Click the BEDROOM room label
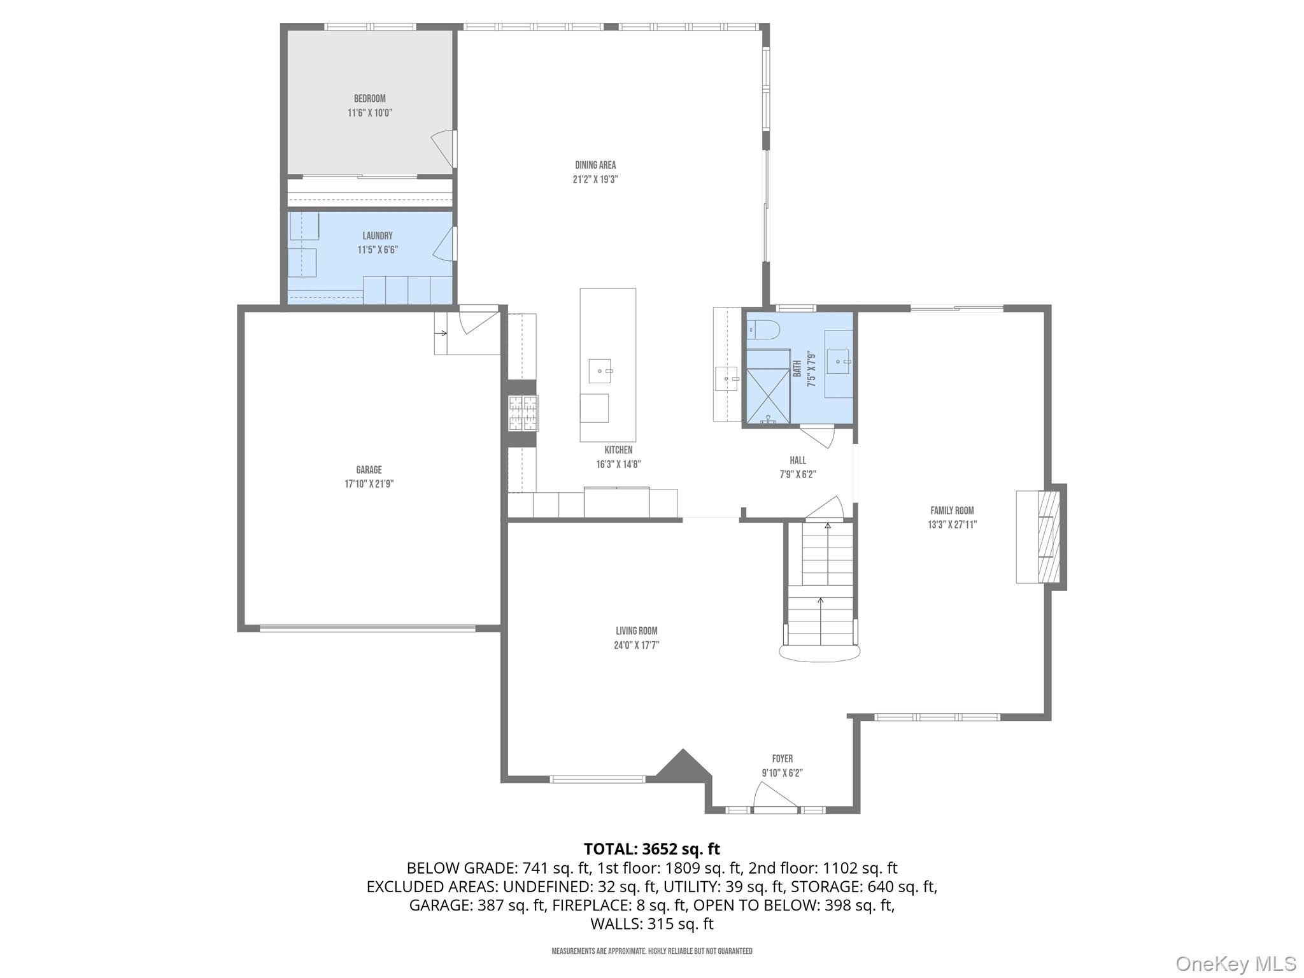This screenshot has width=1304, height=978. pyautogui.click(x=370, y=99)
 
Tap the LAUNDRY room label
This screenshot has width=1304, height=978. pyautogui.click(x=378, y=236)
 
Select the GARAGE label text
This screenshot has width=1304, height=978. pyautogui.click(x=369, y=470)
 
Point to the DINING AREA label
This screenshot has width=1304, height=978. pyautogui.click(x=595, y=165)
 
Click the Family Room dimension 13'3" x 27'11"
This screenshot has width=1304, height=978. pyautogui.click(x=952, y=525)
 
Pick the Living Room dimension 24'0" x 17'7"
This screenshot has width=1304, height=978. pyautogui.click(x=637, y=645)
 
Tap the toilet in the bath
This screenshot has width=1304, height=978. pyautogui.click(x=763, y=330)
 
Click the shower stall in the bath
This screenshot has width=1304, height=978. pyautogui.click(x=768, y=386)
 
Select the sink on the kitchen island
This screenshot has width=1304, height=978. pyautogui.click(x=600, y=371)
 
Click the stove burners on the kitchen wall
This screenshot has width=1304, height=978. pyautogui.click(x=523, y=414)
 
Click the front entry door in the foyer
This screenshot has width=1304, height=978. pyautogui.click(x=775, y=798)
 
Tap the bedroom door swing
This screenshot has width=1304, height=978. pyautogui.click(x=444, y=150)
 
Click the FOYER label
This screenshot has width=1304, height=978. pyautogui.click(x=783, y=759)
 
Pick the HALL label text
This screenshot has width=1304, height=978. pyautogui.click(x=798, y=460)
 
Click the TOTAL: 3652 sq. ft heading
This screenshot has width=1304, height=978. pyautogui.click(x=652, y=849)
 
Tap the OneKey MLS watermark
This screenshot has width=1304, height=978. pyautogui.click(x=1236, y=963)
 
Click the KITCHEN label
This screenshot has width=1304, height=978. pyautogui.click(x=618, y=450)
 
